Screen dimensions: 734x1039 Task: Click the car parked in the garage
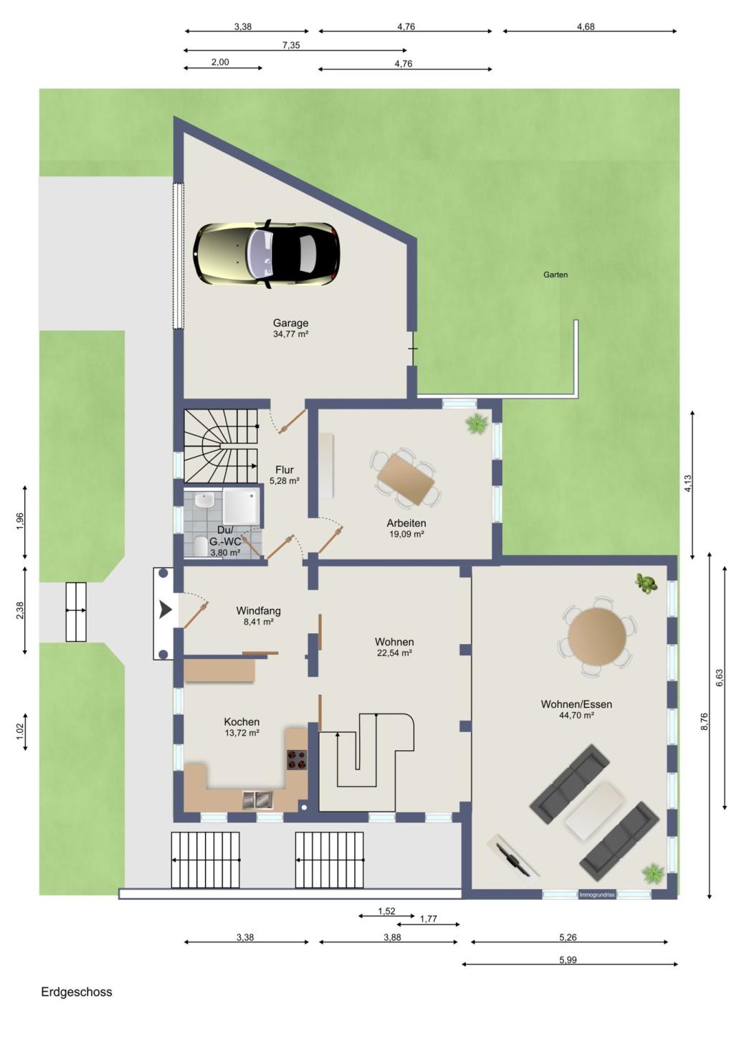tap(267, 254)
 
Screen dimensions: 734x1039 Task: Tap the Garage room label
tap(290, 323)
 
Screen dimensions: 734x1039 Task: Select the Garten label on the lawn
tap(556, 275)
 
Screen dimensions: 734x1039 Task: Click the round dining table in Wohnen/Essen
tap(597, 637)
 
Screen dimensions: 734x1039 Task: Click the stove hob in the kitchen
tap(297, 760)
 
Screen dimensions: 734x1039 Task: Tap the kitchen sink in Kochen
tap(258, 800)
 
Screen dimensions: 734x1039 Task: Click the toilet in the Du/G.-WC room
tap(201, 546)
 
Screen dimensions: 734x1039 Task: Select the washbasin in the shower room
tap(203, 500)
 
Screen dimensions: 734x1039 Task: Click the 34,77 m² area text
tap(291, 334)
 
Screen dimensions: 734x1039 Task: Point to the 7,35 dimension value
tap(291, 45)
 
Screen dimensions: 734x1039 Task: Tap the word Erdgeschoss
tap(77, 992)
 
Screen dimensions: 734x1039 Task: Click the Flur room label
tap(285, 470)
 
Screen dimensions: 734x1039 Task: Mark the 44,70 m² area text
tap(576, 715)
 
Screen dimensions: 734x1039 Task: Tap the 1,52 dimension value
tap(386, 911)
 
